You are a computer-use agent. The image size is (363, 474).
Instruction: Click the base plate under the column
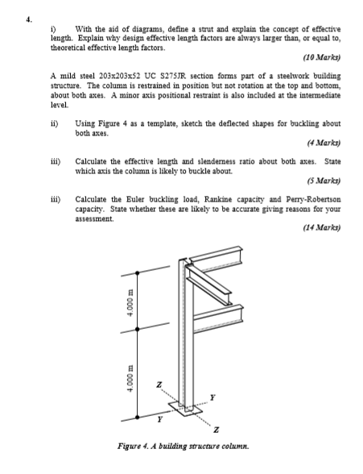188,413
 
